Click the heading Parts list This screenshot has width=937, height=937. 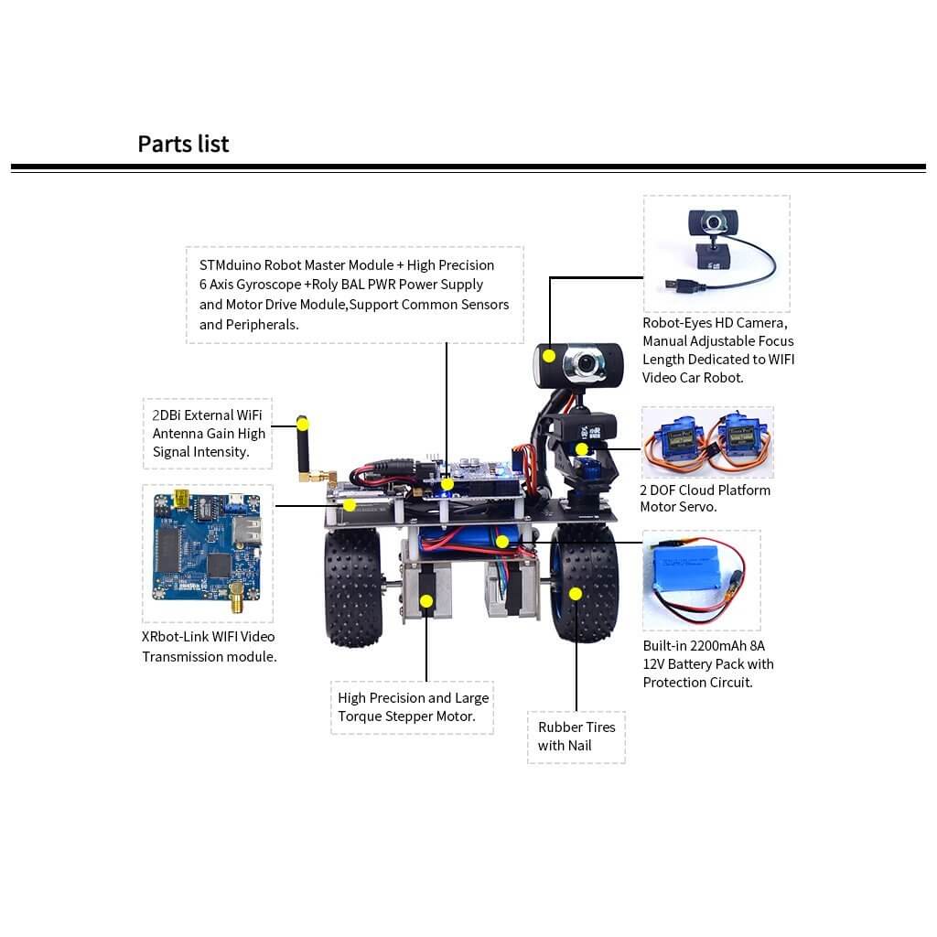point(183,144)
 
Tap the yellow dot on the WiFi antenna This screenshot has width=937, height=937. point(302,425)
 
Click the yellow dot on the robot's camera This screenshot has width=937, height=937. point(549,357)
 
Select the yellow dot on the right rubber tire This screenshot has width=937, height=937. point(575,594)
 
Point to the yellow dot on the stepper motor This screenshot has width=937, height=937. point(426,601)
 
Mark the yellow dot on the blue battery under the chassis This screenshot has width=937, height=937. point(502,542)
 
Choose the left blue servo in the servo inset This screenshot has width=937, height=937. point(676,443)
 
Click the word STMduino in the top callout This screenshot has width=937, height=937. point(230,264)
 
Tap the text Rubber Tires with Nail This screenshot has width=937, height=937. point(576,737)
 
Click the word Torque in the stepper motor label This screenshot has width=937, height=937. point(360,716)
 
